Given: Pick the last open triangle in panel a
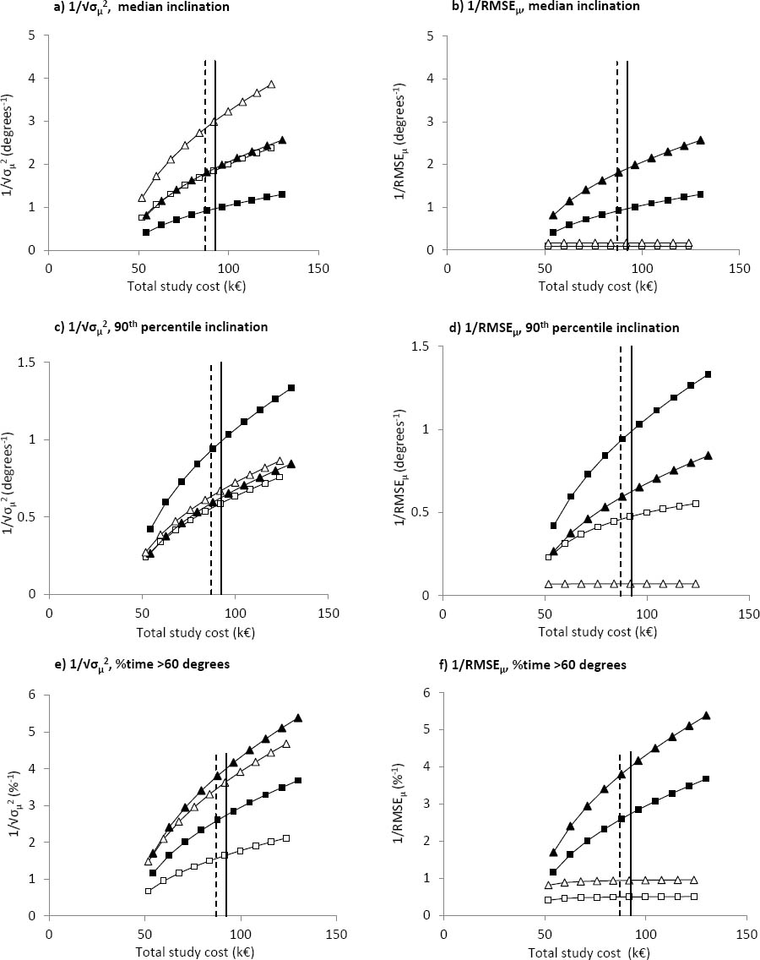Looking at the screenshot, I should click(x=272, y=85).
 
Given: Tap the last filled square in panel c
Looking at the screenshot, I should click(x=291, y=388).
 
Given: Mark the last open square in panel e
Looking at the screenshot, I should click(x=286, y=838).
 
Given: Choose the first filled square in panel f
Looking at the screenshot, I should click(x=554, y=872).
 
